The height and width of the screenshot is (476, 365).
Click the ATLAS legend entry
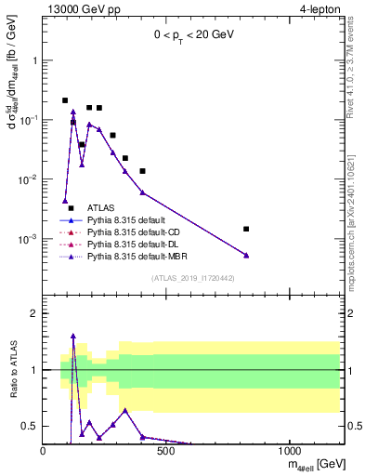point(101,208)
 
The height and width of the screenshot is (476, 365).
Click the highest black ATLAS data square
point(65,100)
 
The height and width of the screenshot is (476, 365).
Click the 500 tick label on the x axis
point(166,451)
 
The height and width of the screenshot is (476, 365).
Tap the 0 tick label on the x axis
point(44,451)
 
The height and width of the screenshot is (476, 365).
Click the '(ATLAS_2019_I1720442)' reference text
point(192,278)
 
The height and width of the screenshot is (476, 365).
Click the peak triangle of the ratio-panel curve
point(73,336)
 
